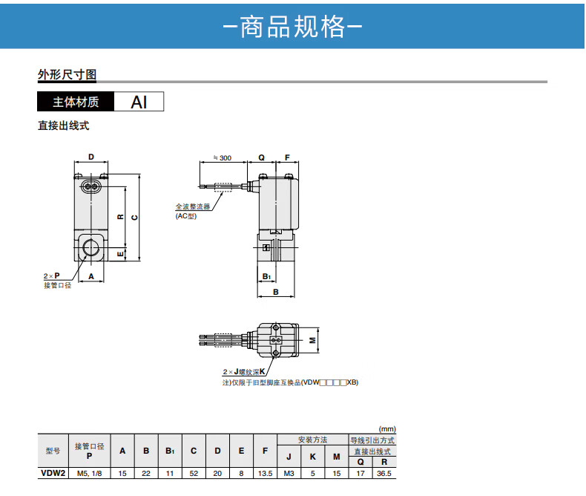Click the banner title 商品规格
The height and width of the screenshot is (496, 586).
[x=292, y=27]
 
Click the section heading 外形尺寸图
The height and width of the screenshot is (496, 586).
[x=67, y=75]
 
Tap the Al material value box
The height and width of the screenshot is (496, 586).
[x=139, y=102]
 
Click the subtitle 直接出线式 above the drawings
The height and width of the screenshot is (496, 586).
[x=63, y=126]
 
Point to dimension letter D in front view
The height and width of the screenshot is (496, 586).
[x=91, y=157]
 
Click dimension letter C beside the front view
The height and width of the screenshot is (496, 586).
[x=134, y=217]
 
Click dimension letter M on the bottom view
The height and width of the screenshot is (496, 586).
[x=312, y=338]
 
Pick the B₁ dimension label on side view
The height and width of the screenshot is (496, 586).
[x=266, y=276]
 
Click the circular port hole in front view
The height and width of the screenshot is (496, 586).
[x=93, y=247]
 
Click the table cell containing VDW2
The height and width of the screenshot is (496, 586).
[x=53, y=472]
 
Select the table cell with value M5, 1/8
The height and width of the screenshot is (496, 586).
[x=89, y=472]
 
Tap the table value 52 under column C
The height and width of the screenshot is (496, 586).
[x=193, y=472]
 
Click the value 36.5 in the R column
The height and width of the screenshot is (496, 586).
[x=383, y=472]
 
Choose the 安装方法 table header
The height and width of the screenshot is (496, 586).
[x=312, y=440]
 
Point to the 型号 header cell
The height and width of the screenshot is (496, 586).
[x=53, y=450]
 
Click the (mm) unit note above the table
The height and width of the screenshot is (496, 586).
[x=387, y=428]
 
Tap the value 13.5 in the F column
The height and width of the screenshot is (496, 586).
[x=265, y=472]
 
